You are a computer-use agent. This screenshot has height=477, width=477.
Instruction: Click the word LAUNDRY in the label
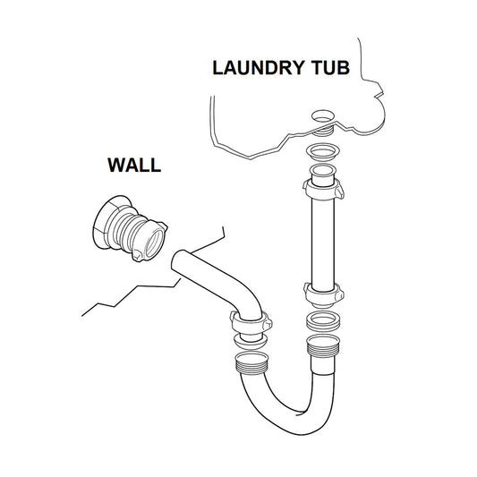pos(258,67)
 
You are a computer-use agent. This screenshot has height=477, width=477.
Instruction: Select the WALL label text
pos(134,166)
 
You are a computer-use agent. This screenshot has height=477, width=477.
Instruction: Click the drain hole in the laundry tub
pos(323,116)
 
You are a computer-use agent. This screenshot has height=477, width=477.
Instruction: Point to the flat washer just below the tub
pos(323,151)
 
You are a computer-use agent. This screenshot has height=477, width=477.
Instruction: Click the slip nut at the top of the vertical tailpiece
pos(323,189)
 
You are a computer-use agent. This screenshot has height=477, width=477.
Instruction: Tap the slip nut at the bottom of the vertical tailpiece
pos(324,294)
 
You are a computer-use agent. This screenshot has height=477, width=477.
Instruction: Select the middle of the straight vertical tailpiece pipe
pos(323,243)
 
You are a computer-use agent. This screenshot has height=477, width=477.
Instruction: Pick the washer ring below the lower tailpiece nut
pos(323,321)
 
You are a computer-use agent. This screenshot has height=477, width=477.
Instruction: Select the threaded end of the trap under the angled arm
pos(252,362)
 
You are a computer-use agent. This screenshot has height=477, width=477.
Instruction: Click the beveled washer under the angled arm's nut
pos(250,341)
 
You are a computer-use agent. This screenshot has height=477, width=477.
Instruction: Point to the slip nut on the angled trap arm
pos(251,323)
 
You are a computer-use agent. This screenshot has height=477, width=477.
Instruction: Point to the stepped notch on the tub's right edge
pos(379,89)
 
